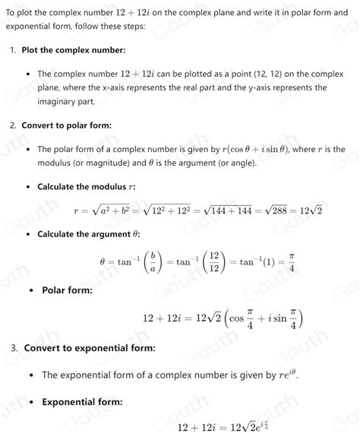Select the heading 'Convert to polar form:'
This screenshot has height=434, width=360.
click(67, 125)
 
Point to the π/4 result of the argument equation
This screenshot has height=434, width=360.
click(292, 261)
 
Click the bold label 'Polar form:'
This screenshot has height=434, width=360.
click(68, 290)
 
